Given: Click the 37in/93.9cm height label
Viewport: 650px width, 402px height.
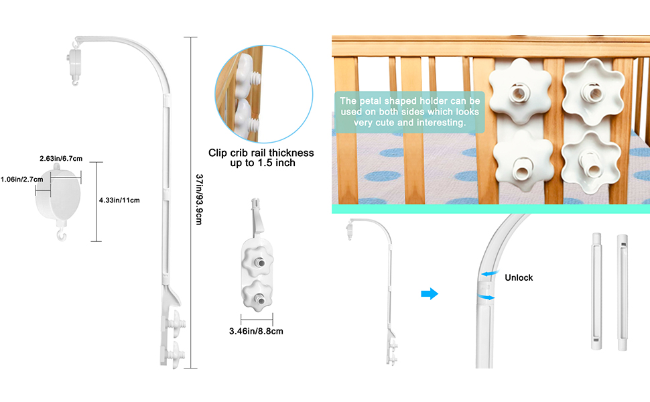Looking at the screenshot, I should coord(198,200).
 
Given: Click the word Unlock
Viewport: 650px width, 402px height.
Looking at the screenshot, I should coord(519,277).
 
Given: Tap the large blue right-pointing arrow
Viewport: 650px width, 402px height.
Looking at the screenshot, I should coord(428,293).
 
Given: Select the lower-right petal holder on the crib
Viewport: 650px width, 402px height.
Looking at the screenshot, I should coord(590,163).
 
